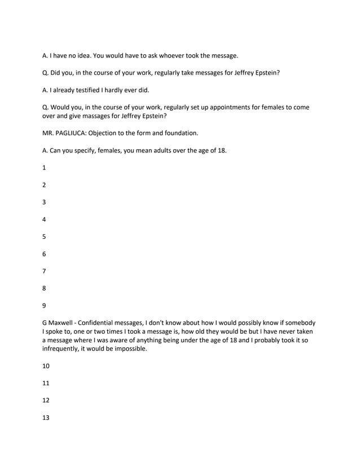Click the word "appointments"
click(x=223, y=107)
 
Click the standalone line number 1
click(x=45, y=168)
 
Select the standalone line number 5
click(x=45, y=237)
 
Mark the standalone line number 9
click(x=45, y=306)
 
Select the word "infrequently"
click(x=63, y=349)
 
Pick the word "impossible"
click(x=129, y=349)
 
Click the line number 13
click(x=46, y=417)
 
